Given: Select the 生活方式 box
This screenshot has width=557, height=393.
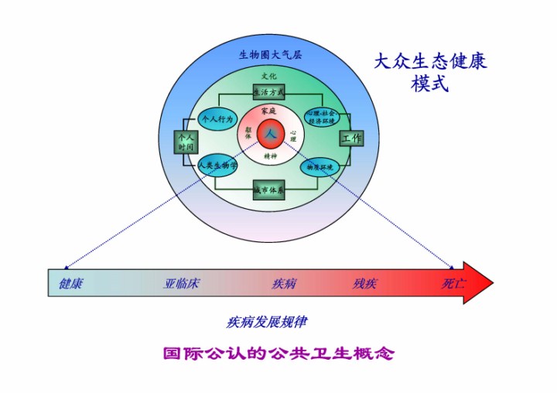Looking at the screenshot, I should click(x=269, y=92).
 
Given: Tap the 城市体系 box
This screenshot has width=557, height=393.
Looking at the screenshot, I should click(x=269, y=189).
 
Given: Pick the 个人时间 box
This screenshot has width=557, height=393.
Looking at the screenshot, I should click(x=186, y=142).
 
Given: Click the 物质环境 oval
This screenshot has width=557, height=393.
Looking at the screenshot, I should click(x=320, y=166).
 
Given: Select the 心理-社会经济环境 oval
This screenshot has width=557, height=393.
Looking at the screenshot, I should click(x=324, y=118).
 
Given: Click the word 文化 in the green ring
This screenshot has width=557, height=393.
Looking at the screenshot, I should click(x=268, y=77).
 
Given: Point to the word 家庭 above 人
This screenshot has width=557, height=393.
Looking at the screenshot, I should click(x=269, y=111).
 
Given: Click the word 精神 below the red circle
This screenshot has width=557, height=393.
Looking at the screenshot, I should click(x=270, y=156).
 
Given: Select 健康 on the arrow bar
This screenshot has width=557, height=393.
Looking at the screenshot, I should click(x=71, y=283).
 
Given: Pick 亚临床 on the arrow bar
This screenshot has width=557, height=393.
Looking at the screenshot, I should click(x=182, y=283).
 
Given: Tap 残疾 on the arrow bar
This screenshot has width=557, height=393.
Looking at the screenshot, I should click(x=365, y=283).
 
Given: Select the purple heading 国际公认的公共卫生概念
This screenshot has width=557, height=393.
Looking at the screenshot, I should click(x=278, y=354).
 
